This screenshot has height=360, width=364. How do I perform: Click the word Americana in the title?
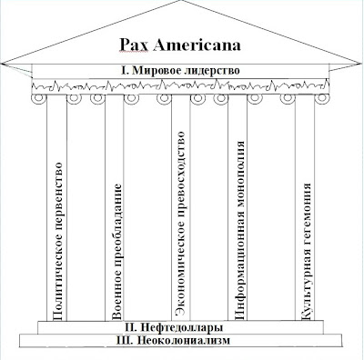coord(203,44)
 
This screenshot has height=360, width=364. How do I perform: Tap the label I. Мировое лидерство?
coord(182,70)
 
